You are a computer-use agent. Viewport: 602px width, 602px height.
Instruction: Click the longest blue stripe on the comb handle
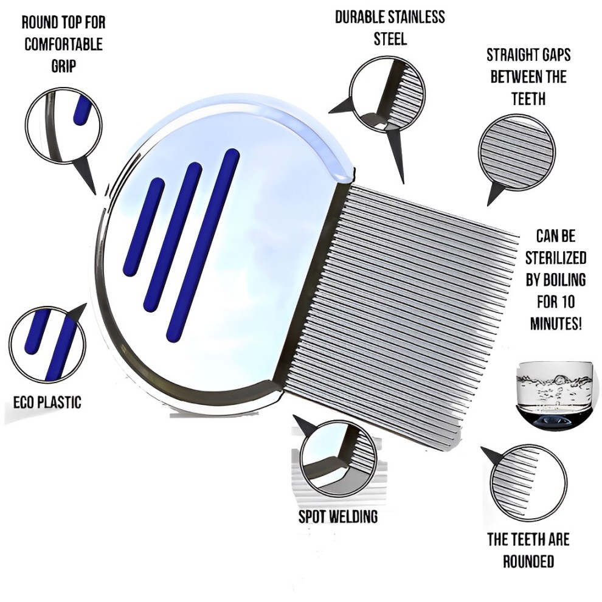pos(203,245)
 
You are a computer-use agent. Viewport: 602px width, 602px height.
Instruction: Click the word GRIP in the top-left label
pos(64,66)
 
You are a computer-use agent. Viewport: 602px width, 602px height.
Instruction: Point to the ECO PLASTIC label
pos(47,403)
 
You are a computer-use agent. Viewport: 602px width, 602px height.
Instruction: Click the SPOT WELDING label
pos(338,517)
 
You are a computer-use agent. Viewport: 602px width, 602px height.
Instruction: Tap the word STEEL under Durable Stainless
pos(390,39)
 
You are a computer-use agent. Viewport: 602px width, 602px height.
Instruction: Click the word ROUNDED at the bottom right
pos(528,561)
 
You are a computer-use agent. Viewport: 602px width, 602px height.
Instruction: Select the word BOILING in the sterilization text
pos(556,280)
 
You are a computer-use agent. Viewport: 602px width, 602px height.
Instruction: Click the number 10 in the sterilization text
pos(566,302)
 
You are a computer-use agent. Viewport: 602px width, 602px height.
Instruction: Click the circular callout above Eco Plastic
pos(47,343)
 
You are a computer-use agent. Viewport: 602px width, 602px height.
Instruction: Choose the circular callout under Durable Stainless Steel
pos(387,95)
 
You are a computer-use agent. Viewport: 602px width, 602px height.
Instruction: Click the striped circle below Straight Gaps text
pos(517,153)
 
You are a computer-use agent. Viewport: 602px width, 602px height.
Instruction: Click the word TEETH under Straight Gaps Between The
pos(528,99)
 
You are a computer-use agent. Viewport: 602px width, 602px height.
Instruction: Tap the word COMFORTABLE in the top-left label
pos(64,44)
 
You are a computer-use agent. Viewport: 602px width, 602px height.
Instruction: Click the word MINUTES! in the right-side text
pos(556,323)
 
